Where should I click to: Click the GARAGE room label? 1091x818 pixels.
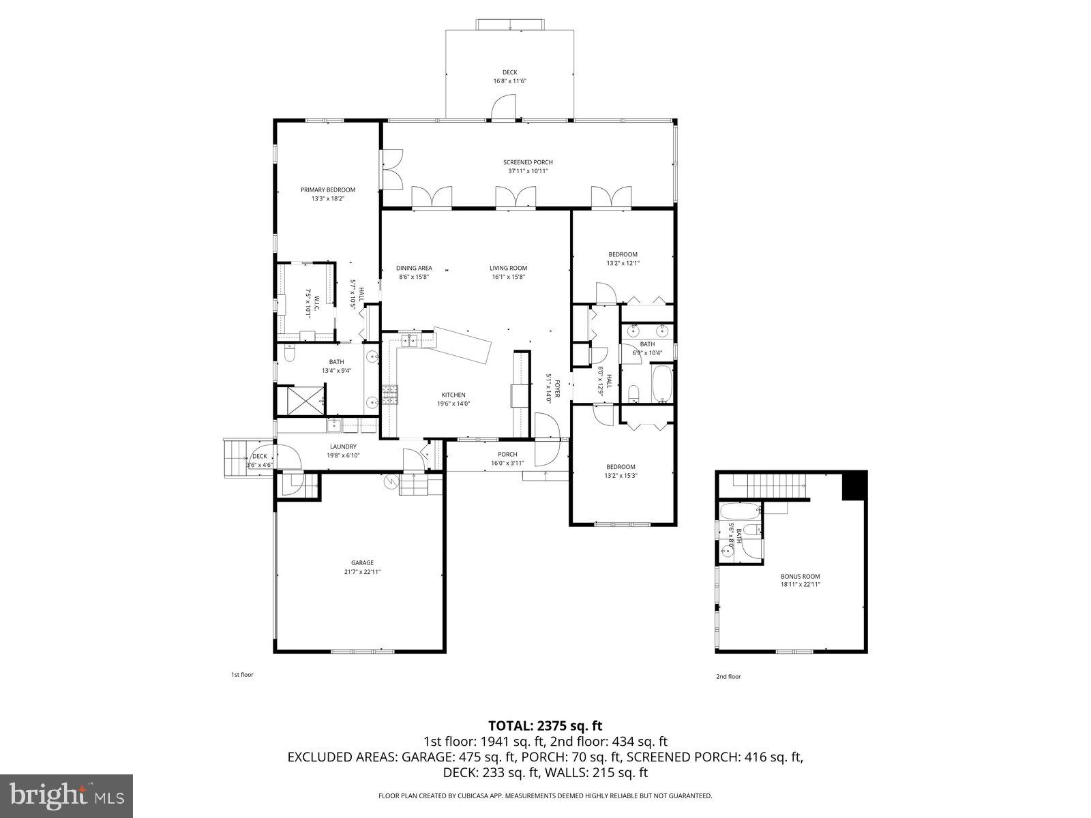(362, 563)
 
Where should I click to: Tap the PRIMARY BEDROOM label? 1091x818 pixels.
(328, 190)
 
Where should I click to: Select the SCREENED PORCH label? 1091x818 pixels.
(528, 162)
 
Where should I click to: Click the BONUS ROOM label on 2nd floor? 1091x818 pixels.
(800, 576)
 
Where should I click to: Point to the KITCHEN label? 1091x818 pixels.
(453, 395)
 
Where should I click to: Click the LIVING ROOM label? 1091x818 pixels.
(508, 268)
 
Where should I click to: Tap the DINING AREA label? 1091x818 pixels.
(414, 268)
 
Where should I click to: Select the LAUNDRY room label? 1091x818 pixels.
(342, 447)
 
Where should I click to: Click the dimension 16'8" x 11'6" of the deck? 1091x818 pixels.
(510, 81)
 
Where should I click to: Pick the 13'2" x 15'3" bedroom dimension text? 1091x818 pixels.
(621, 476)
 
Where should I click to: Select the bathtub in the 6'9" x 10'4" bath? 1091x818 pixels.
(662, 384)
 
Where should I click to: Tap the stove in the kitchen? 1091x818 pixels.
(389, 395)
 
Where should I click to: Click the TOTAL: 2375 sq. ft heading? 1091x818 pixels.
(545, 726)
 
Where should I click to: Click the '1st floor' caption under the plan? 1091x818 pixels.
(242, 675)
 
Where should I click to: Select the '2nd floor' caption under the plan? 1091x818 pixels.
(728, 677)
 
